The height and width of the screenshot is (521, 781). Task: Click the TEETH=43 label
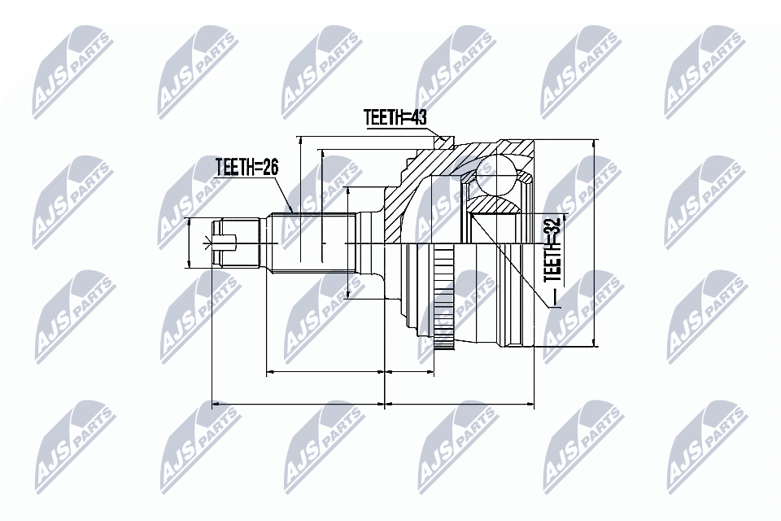pos(395,118)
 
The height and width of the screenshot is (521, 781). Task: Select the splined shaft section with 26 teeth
pos(310,243)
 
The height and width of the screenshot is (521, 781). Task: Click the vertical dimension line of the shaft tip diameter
pos(190,243)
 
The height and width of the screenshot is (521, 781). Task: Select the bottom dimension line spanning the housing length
pos(460,402)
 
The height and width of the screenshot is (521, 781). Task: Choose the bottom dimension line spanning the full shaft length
pos(297,402)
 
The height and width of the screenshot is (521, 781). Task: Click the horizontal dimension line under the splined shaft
pos(325,372)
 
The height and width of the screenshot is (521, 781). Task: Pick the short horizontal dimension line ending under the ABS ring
pos(410,372)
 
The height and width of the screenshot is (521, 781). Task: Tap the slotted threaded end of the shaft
pos(237,242)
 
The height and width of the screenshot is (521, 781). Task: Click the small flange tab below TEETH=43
pos(442,142)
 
